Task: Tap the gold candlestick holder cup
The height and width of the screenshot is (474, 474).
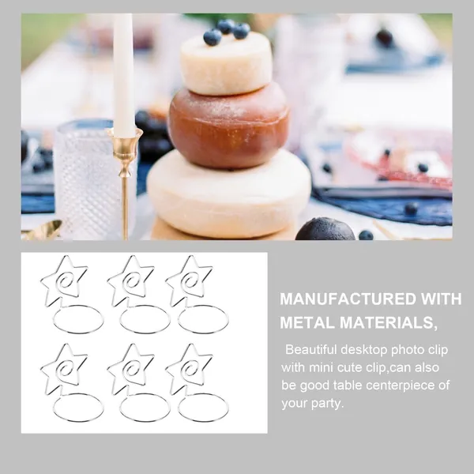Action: [x=124, y=142]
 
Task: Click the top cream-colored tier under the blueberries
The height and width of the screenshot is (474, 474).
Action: [x=226, y=64]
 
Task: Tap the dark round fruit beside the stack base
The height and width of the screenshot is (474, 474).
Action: [x=325, y=229]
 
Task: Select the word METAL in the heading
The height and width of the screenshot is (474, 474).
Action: [x=307, y=323]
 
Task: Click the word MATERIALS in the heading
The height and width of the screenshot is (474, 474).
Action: [x=388, y=323]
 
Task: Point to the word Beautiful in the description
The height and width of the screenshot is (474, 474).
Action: [x=310, y=350]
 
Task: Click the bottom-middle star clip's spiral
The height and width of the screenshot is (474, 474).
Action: [x=131, y=370]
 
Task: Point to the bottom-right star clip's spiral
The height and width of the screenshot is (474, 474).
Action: [x=190, y=370]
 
